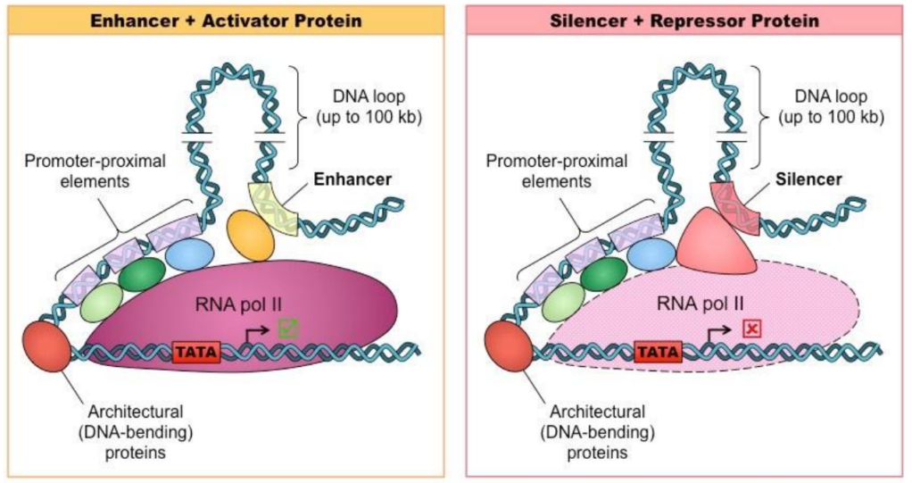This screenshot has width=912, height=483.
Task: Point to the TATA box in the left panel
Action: [x=195, y=352]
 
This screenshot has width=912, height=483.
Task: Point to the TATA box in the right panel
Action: [x=658, y=352]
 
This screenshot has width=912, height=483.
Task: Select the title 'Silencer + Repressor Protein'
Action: [x=684, y=20]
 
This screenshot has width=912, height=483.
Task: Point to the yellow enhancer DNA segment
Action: [x=275, y=205]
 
